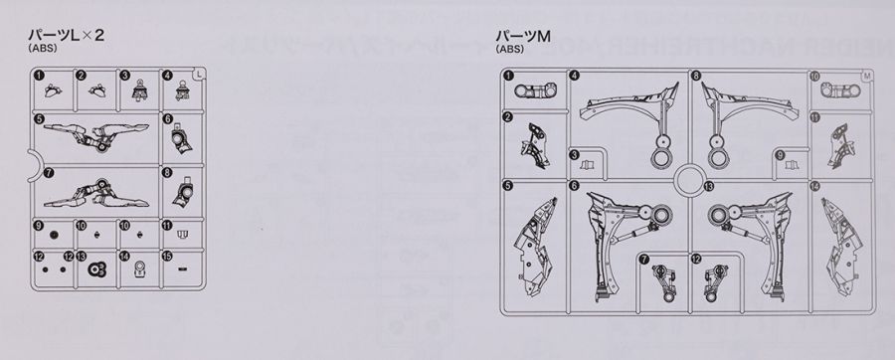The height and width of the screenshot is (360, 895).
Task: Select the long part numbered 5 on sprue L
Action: point(99,133)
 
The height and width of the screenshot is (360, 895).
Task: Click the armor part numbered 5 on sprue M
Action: point(531,239)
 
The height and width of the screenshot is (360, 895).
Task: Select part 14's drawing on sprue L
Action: point(140,267)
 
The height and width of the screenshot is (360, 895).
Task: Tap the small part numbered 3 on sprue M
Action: point(587,162)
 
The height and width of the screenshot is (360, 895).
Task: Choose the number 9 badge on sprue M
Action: point(782,153)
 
